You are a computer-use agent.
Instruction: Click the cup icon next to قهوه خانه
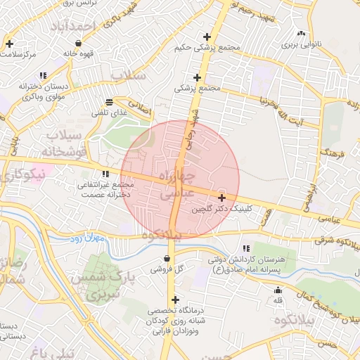[x=78, y=43]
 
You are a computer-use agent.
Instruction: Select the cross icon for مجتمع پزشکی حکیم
[x=206, y=37]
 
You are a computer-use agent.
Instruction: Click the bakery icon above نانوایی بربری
[x=302, y=33]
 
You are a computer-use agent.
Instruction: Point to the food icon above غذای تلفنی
[x=109, y=102]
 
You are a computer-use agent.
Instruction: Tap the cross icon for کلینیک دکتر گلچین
[x=222, y=198]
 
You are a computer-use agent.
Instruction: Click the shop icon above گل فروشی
[x=167, y=257]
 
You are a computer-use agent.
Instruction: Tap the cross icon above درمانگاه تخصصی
[x=176, y=300]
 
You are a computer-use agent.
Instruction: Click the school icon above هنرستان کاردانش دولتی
[x=245, y=248]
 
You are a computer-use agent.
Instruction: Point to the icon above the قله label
[x=278, y=290]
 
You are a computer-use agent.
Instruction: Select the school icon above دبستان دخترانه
[x=44, y=75]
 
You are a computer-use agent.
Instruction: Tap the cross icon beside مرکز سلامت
[x=9, y=44]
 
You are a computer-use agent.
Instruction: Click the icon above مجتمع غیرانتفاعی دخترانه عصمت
[x=105, y=174]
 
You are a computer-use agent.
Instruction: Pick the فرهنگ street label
[x=330, y=152]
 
